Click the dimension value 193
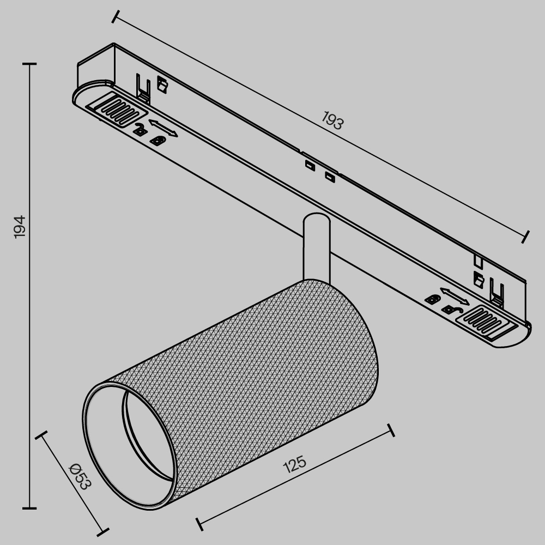tap(332, 120)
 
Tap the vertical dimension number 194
tap(19, 226)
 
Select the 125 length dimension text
tap(295, 464)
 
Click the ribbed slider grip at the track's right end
tap(487, 319)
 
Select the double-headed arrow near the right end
tap(454, 296)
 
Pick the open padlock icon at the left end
tap(140, 130)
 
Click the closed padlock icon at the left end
tap(158, 141)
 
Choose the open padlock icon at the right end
tap(450, 310)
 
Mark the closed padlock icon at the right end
tap(433, 299)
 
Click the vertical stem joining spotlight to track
tap(316, 245)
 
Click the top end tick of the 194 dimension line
tap(29, 64)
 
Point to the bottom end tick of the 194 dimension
tap(29, 508)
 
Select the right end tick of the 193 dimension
tap(525, 236)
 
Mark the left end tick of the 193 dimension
tap(115, 16)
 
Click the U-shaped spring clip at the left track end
tap(143, 87)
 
